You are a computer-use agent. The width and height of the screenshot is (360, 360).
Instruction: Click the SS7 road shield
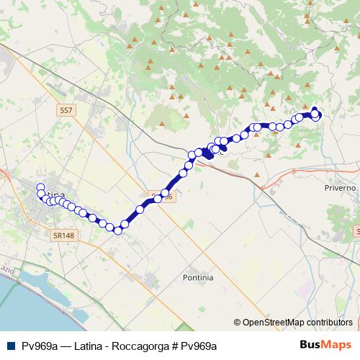[x=66, y=110]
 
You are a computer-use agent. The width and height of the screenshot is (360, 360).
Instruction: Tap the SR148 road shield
[x=63, y=235]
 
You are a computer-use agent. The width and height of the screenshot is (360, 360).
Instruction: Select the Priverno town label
[x=340, y=187]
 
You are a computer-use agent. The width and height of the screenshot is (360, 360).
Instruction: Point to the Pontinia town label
[x=198, y=276]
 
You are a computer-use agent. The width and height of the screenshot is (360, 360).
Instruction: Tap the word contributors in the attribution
[x=330, y=323]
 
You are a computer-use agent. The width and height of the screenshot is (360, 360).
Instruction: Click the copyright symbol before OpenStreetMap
[x=238, y=323]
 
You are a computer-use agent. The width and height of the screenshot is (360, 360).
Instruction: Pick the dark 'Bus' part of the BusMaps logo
[x=311, y=345]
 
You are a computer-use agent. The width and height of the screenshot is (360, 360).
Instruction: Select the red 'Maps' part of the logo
[x=336, y=345]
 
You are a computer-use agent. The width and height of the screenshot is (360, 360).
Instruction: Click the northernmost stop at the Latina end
[x=40, y=188]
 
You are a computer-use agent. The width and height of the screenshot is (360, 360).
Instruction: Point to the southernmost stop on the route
[x=117, y=230]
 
